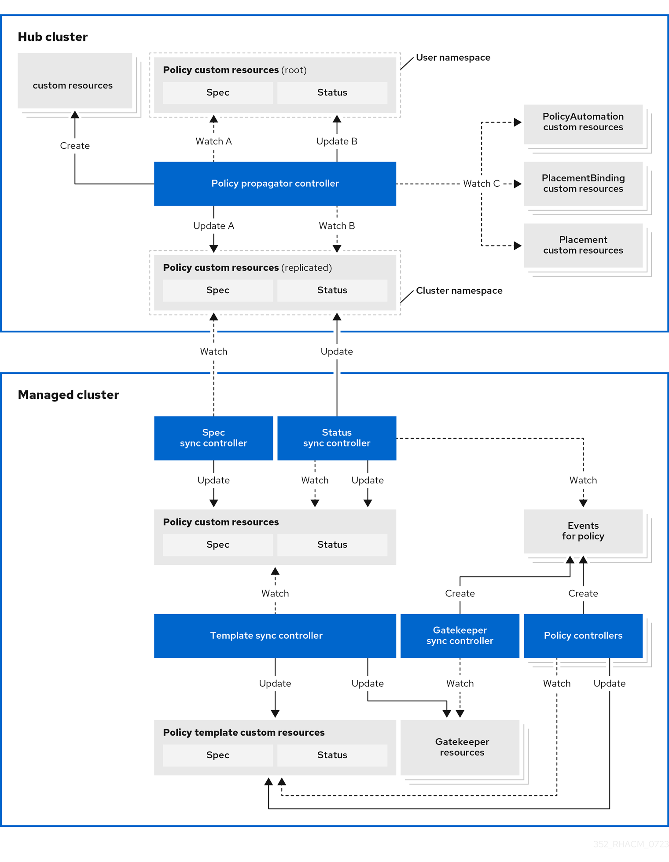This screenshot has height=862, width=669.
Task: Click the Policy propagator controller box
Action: point(275,184)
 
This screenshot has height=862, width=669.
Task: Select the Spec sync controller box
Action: point(213,438)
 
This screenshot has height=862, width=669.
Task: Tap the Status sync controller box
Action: point(337,438)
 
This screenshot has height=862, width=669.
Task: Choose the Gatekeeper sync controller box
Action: point(460,636)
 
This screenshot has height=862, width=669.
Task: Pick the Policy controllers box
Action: point(583,636)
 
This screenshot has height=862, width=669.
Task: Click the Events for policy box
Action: point(583,531)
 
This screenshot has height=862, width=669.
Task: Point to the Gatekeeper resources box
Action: point(460,747)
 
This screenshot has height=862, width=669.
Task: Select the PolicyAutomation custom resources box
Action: point(583,122)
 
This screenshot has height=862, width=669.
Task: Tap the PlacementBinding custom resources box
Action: point(583,184)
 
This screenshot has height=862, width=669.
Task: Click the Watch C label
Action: point(481,184)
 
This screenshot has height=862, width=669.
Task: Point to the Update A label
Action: point(213,226)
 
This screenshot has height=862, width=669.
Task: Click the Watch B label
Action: point(337,226)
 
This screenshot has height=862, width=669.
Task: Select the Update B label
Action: point(337,141)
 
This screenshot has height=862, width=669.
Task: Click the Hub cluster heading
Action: point(53,37)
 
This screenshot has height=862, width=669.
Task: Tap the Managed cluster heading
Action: point(68,395)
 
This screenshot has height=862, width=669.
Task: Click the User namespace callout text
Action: point(453,58)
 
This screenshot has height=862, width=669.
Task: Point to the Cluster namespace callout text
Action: point(459,291)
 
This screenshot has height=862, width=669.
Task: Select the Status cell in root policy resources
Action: point(332,92)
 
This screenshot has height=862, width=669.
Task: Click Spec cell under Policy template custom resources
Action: point(218,755)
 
